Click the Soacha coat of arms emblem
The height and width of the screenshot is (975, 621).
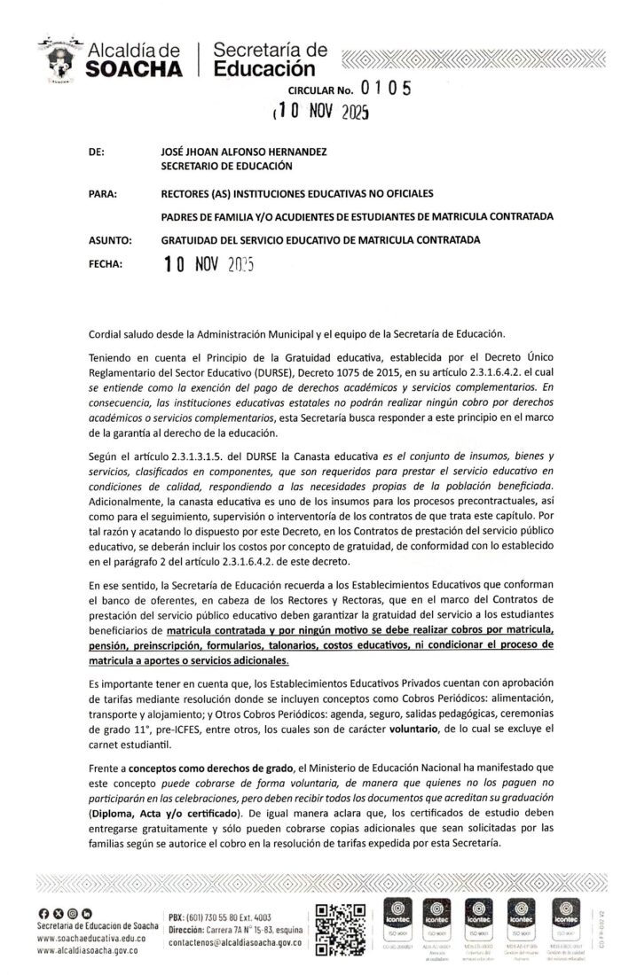coord(60,59)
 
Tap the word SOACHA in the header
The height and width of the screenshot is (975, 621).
coord(135,70)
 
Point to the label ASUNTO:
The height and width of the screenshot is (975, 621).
coord(111,239)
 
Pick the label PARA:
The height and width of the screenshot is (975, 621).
coord(106,192)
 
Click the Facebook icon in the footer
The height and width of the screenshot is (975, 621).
coord(44,914)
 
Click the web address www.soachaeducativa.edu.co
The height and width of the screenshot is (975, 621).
coord(86,937)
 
